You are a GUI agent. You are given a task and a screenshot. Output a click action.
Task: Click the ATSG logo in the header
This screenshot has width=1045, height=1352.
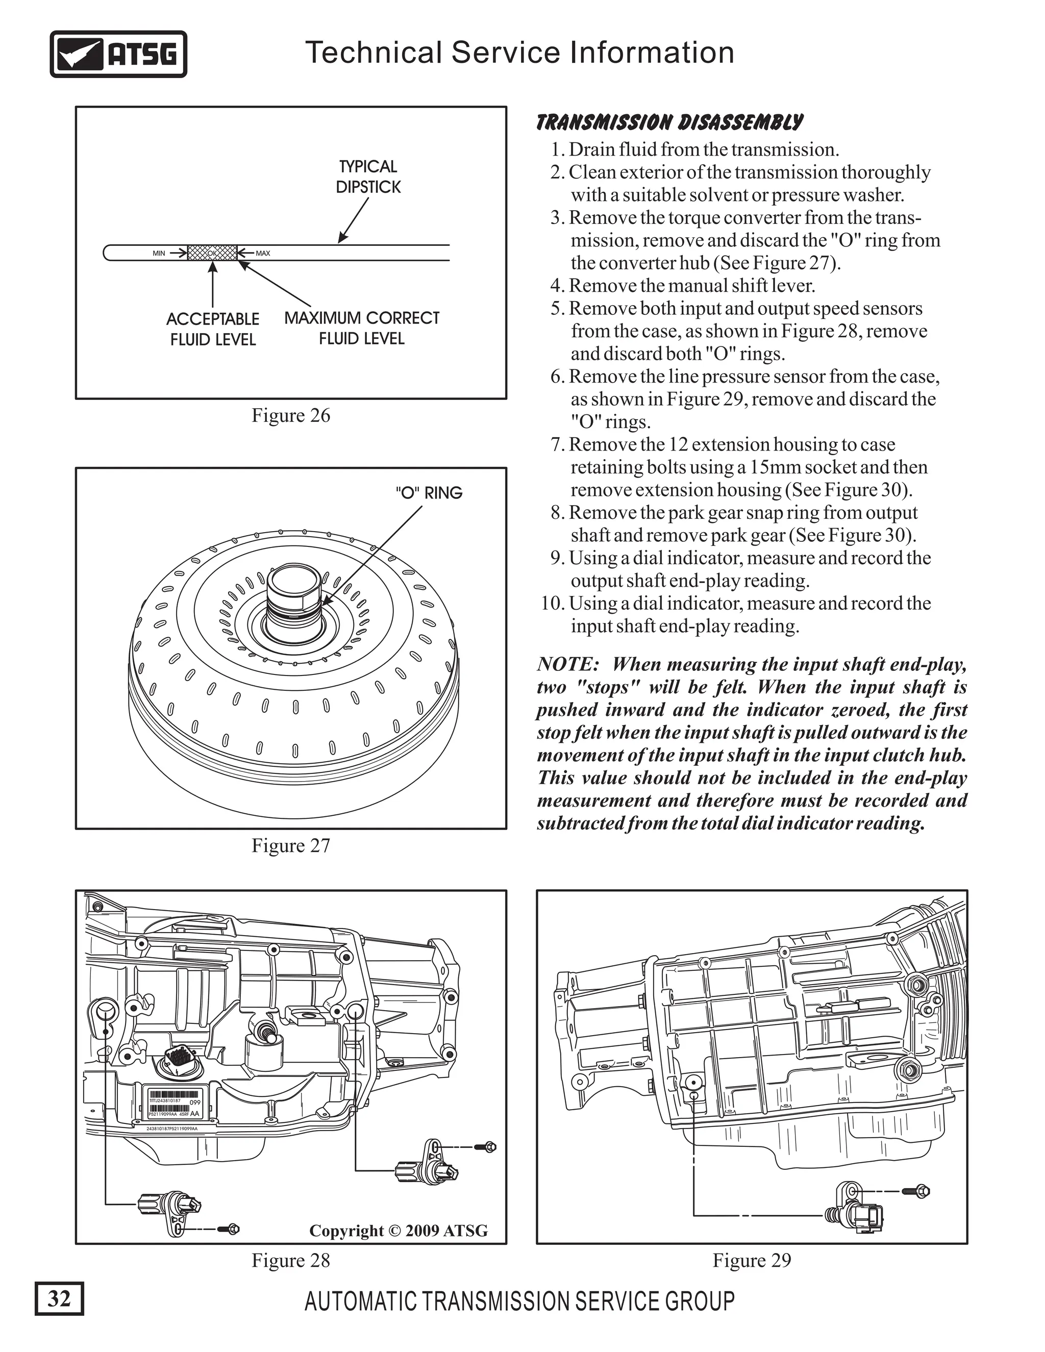point(118,55)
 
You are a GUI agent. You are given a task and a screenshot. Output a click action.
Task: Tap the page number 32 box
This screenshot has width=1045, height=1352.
point(59,1297)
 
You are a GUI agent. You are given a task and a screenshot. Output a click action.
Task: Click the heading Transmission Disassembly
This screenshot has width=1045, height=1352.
point(668,122)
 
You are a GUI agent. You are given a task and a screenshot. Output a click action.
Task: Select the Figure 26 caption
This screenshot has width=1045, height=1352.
point(290,415)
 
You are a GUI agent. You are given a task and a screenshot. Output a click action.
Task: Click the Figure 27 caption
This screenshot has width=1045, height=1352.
point(290,845)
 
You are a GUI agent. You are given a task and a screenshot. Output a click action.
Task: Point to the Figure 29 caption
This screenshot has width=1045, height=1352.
point(752,1260)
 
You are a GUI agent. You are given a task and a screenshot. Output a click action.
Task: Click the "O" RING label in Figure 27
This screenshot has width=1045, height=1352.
point(429,493)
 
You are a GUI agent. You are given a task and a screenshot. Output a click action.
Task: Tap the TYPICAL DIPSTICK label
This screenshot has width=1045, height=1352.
point(368,177)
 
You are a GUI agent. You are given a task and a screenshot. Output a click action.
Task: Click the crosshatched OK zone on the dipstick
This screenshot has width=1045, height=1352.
point(212,253)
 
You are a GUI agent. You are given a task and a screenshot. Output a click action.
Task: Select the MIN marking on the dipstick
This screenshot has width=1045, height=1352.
point(159,253)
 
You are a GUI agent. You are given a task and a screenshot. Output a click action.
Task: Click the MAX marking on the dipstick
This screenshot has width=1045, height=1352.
point(262,253)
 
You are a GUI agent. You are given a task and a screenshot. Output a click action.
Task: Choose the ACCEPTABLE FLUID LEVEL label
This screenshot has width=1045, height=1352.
point(212,330)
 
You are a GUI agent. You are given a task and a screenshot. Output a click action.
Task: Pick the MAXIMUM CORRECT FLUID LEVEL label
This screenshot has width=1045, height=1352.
point(362,328)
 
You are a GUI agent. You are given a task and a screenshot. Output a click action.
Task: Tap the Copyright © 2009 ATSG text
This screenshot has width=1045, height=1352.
point(398,1231)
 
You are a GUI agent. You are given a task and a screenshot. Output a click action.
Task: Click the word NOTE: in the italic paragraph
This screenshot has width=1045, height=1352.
point(567,664)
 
